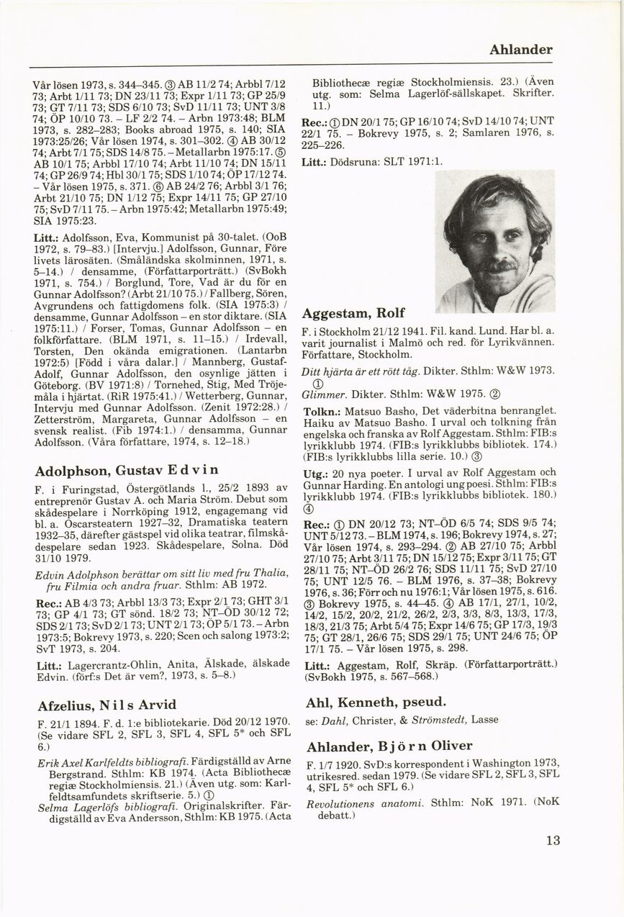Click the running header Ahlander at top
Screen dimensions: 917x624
point(520,50)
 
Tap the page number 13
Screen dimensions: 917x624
point(552,840)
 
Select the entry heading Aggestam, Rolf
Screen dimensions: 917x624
point(353,314)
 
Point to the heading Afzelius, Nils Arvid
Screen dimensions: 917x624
point(106,704)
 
